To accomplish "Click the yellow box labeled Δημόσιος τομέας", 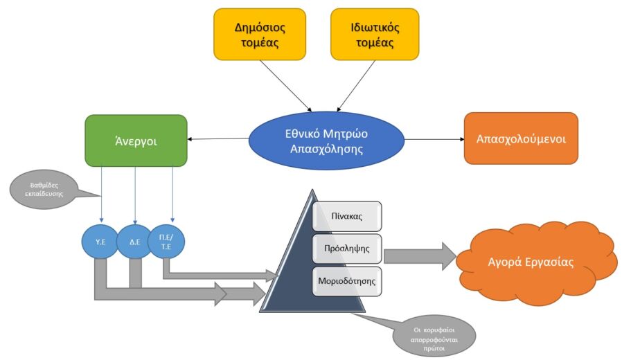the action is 260,35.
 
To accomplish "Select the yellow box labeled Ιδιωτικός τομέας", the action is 375,35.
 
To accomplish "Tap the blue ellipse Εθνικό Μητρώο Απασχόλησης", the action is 326,141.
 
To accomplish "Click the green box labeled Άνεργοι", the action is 136,141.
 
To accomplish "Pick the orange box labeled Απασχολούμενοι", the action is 522,138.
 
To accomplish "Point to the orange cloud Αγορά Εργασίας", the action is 535,262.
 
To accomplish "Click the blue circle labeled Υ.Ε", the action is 100,242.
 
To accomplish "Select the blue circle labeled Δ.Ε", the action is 134,242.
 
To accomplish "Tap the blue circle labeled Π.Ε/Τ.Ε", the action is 166,242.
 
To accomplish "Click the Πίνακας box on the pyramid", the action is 347,216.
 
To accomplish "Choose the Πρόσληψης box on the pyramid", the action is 347,249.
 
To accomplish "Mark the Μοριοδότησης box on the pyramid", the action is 347,281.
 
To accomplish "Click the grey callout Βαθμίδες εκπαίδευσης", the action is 44,190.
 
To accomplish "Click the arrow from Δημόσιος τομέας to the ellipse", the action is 285,86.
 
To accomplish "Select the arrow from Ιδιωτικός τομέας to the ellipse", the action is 356,86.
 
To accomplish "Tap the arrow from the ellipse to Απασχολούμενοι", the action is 434,139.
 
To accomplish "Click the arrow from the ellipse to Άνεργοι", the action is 218,138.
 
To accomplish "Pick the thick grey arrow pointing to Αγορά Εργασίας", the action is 420,256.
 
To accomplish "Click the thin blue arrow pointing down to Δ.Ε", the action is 135,195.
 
